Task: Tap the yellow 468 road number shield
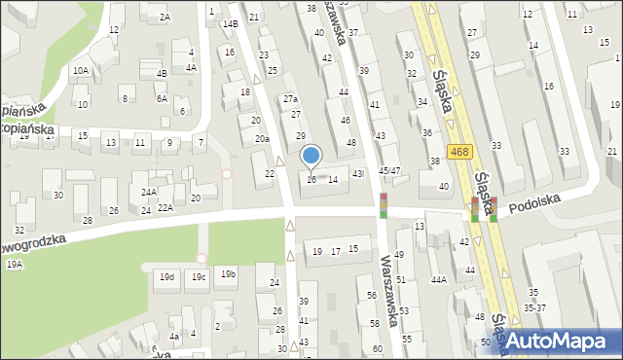(x=460, y=151)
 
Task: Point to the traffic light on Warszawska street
(x=384, y=205)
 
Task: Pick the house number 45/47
(x=389, y=170)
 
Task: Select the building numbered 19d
(x=168, y=277)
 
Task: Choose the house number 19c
(x=199, y=277)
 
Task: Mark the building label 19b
(x=228, y=274)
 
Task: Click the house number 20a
(x=262, y=139)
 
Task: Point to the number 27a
(x=290, y=99)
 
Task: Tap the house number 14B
(x=231, y=23)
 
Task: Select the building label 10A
(x=81, y=70)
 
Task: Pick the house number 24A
(x=148, y=193)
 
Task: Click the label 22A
(x=165, y=207)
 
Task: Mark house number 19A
(x=14, y=264)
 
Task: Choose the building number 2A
(x=165, y=17)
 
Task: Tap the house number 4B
(x=163, y=73)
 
